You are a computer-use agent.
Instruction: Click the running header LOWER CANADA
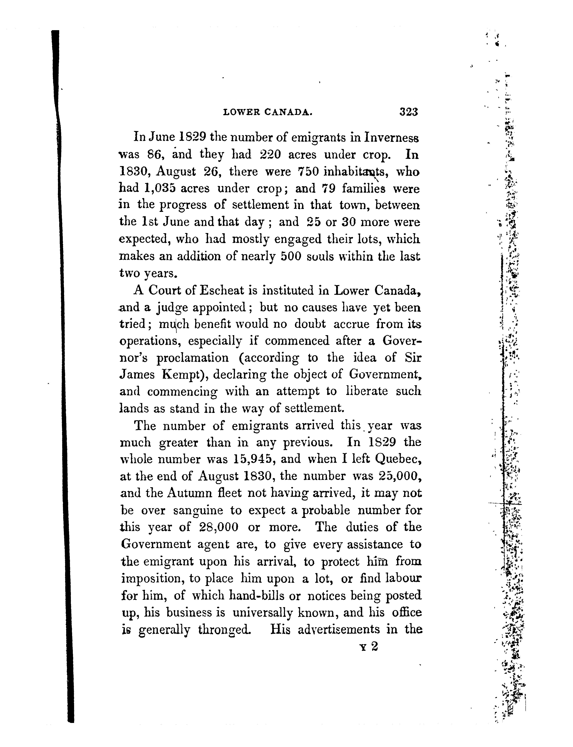click(x=267, y=112)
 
